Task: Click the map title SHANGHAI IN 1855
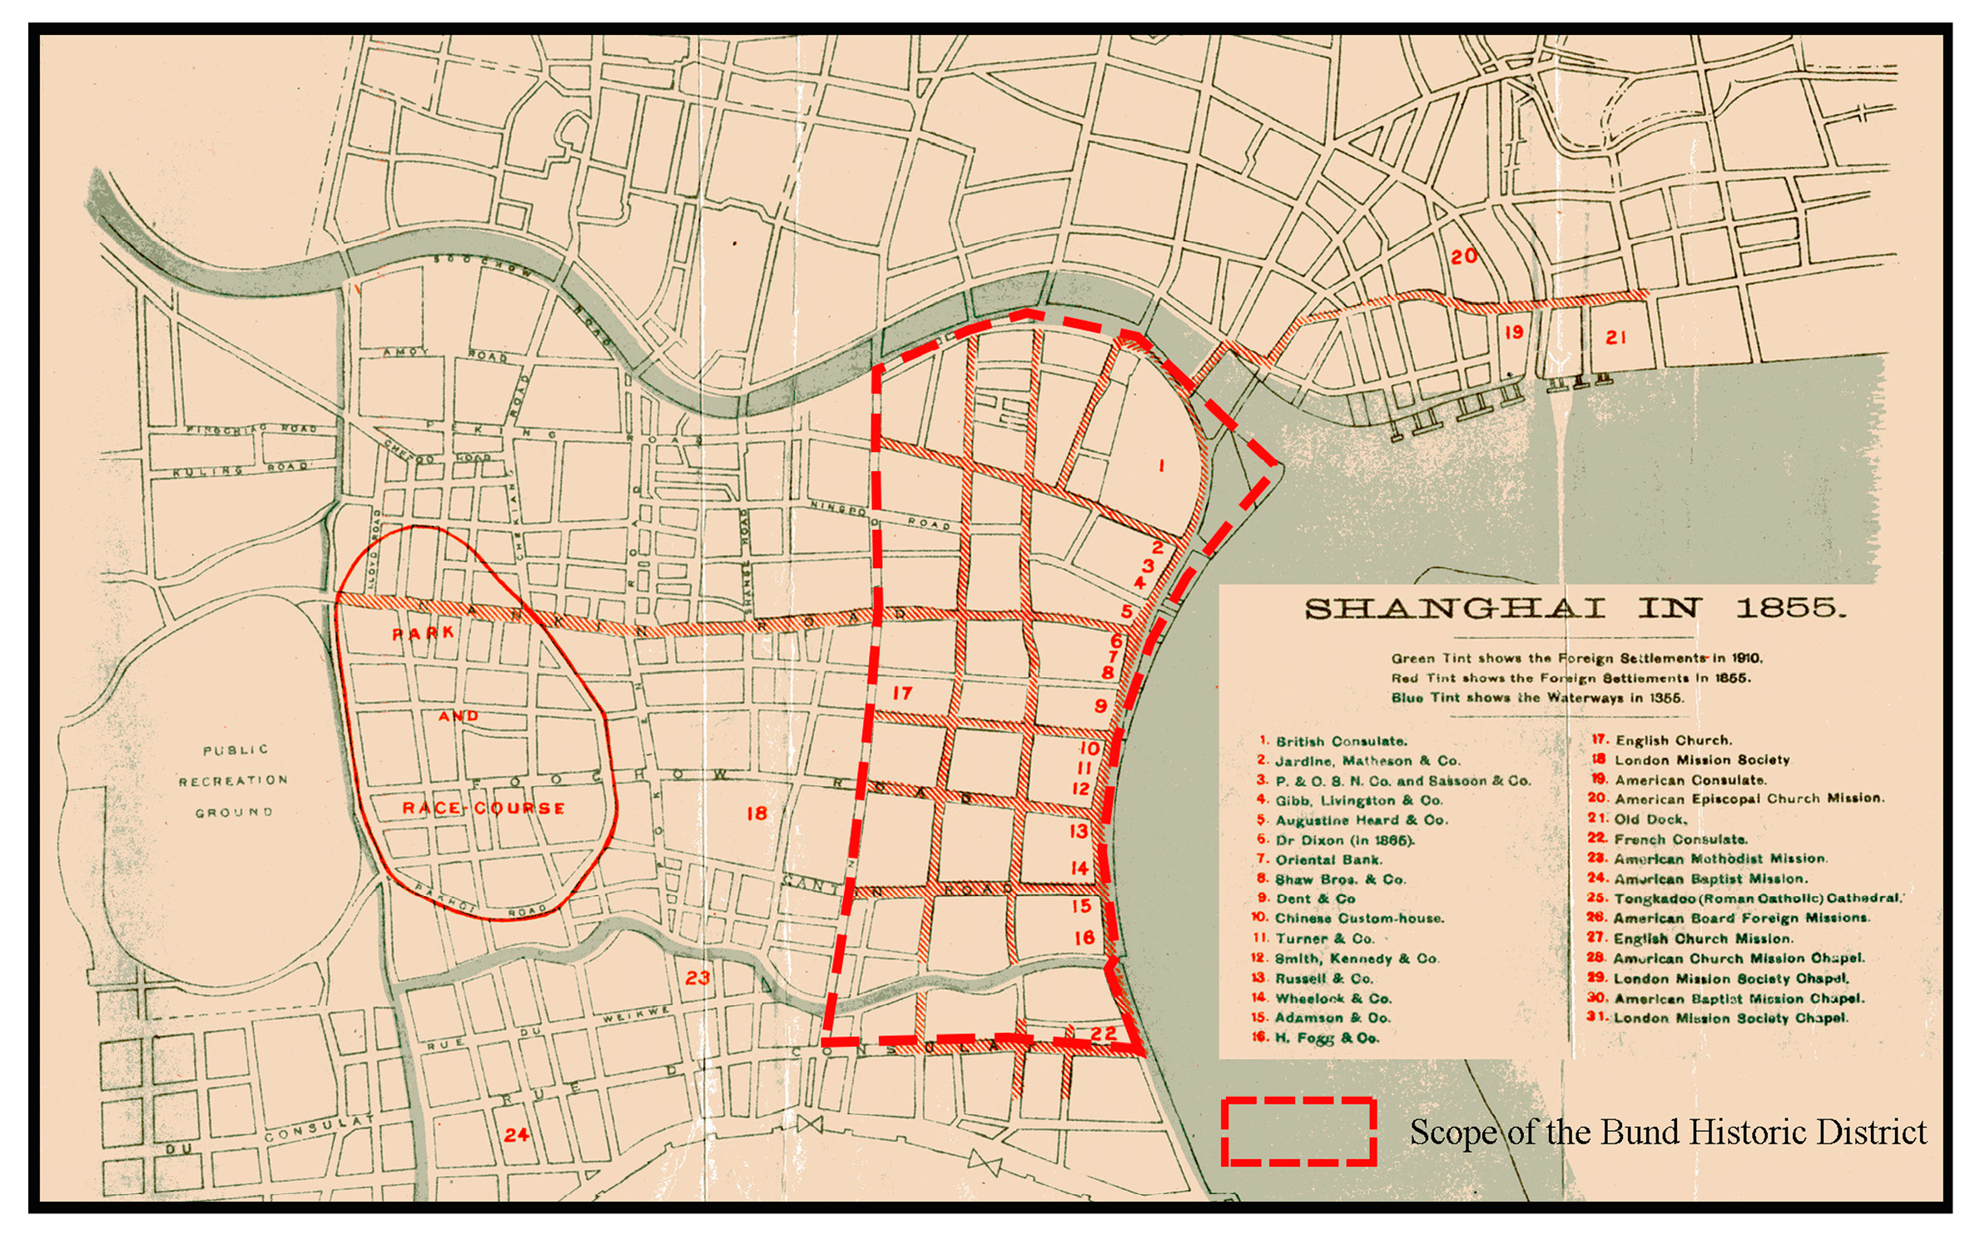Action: (x=1575, y=609)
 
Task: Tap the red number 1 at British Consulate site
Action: (x=1162, y=466)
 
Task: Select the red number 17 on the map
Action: (x=902, y=692)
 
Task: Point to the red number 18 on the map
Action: (x=757, y=813)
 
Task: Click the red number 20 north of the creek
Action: (x=1464, y=256)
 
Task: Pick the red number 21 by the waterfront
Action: (x=1615, y=337)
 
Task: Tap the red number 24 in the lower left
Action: (x=516, y=1134)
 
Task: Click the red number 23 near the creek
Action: (x=697, y=978)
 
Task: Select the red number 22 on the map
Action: (x=1103, y=1034)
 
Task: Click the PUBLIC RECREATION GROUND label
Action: (x=234, y=781)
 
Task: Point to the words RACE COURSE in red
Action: (x=484, y=808)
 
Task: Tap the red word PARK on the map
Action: (x=424, y=633)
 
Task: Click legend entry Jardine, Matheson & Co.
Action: (x=1367, y=761)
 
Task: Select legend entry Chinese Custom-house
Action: (x=1358, y=919)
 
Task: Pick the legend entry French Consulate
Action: (x=1680, y=839)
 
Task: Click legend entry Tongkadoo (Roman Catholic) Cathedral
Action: (x=1756, y=899)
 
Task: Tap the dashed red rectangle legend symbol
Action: (x=1298, y=1131)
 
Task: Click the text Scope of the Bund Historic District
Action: (x=1668, y=1133)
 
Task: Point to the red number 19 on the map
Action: (x=1514, y=332)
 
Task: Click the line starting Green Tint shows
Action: (x=1576, y=658)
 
